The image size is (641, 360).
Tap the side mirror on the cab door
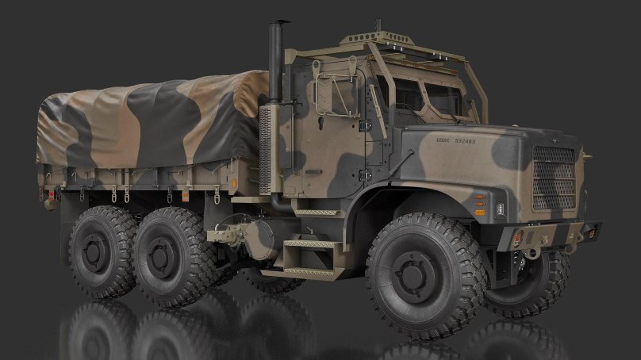coord(324,93)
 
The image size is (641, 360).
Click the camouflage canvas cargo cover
coord(151,119)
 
